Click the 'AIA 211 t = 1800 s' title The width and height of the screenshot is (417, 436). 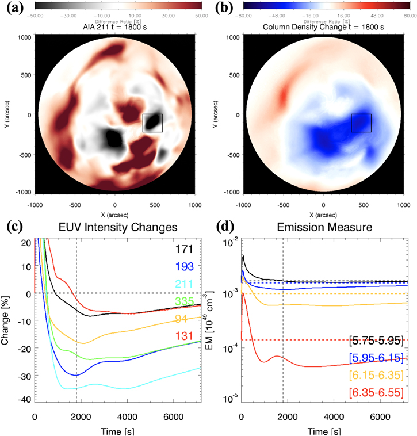[x=116, y=25]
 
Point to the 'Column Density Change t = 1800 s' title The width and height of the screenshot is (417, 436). [x=324, y=25]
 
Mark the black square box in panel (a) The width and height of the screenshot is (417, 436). [x=152, y=123]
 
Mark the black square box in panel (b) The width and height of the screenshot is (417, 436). [x=361, y=123]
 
